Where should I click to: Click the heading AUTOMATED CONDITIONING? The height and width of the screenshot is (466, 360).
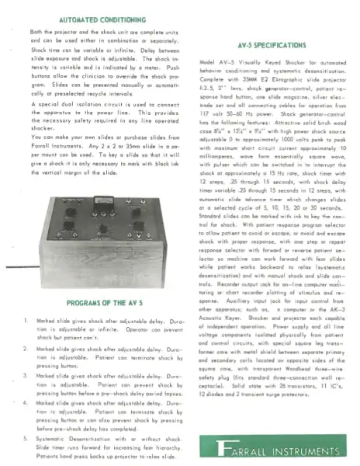click(95, 15)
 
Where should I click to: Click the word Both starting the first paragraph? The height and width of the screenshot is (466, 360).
click(36, 31)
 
